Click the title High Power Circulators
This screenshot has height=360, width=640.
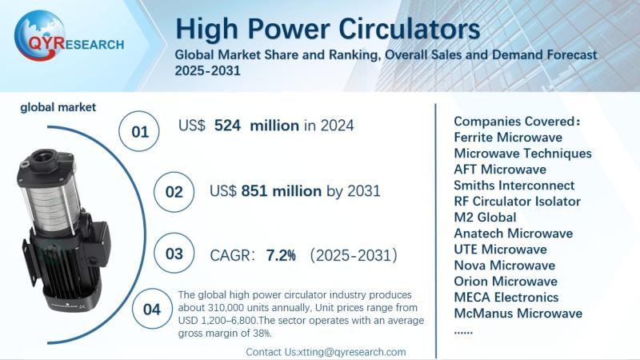[x=328, y=29]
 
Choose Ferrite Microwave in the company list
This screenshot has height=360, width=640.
[x=508, y=137]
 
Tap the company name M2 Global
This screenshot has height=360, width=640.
[x=485, y=217]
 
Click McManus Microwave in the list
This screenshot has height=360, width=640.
[x=518, y=313]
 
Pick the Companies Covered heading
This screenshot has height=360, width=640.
[x=516, y=121]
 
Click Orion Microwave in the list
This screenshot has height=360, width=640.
[x=506, y=281]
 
